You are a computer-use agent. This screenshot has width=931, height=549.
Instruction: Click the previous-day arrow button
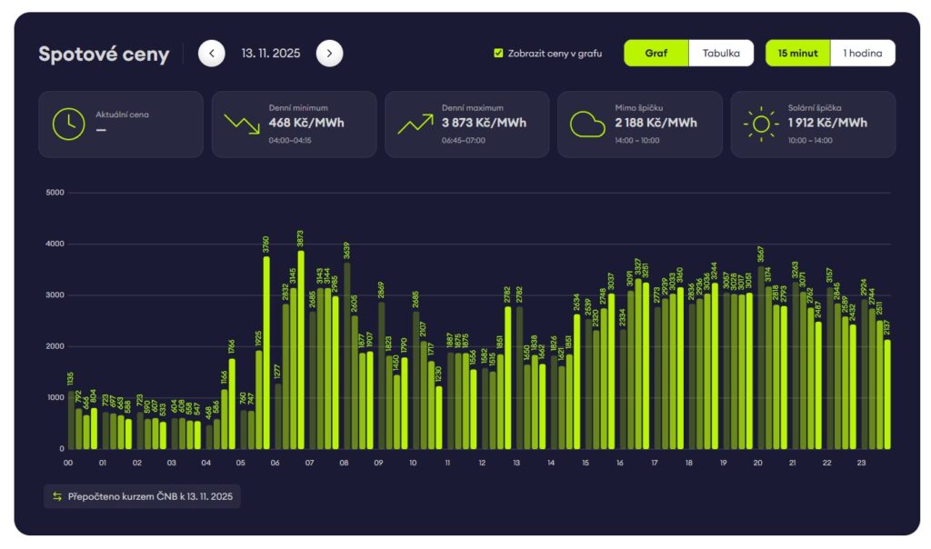[211, 54]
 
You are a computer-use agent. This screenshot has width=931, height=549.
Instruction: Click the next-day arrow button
[329, 54]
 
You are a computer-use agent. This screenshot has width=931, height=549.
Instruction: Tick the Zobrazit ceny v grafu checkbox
[498, 54]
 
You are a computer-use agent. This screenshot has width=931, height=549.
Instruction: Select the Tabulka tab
[721, 54]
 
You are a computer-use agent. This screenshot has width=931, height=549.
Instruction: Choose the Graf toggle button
[656, 54]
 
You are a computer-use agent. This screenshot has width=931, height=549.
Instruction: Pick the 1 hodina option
[862, 54]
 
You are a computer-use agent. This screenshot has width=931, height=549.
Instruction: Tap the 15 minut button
[797, 54]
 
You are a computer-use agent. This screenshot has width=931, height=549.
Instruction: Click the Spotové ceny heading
[104, 55]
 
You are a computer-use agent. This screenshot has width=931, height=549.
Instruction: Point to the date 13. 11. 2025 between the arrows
[270, 54]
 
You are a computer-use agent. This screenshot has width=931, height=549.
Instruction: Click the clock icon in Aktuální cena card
[68, 125]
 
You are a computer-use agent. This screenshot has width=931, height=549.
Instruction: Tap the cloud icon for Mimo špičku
[587, 125]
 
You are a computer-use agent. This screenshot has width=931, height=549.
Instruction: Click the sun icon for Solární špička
[761, 125]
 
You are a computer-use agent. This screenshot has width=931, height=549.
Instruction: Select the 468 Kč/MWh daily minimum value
[306, 123]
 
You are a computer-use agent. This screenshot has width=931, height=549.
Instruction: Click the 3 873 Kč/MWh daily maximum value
[484, 123]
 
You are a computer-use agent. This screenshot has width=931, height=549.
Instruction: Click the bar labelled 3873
[301, 350]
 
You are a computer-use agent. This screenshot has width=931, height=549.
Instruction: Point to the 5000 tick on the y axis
[55, 193]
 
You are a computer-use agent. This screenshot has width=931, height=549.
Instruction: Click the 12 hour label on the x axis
[482, 463]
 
